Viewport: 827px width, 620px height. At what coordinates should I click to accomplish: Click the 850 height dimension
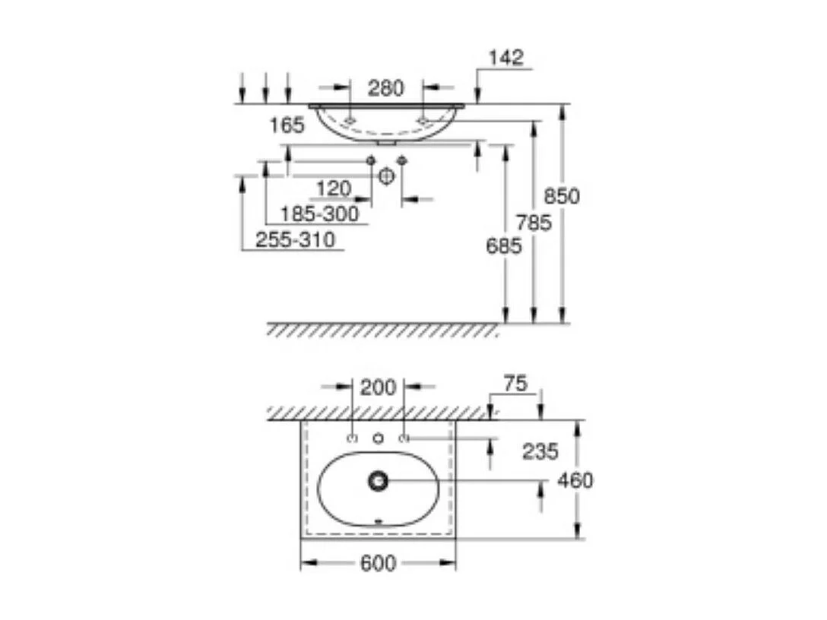(x=562, y=196)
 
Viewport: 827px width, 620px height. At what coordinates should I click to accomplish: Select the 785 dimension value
(x=534, y=223)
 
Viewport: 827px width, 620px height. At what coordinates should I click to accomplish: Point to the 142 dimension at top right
(x=506, y=59)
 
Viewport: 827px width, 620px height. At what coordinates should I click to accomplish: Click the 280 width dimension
(x=386, y=88)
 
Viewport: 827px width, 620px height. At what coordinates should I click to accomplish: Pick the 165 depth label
(x=287, y=125)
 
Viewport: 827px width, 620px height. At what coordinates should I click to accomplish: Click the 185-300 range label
(x=319, y=214)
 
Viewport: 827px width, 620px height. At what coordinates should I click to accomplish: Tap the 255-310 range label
(x=295, y=240)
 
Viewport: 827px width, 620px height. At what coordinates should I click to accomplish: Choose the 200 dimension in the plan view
(x=378, y=387)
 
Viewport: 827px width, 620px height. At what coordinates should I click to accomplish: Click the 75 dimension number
(x=515, y=384)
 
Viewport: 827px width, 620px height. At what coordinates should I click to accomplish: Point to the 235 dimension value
(x=540, y=451)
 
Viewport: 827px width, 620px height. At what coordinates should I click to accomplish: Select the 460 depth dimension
(x=575, y=480)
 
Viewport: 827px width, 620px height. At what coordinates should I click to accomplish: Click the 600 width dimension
(x=379, y=563)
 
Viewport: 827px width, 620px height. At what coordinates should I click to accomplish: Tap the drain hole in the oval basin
(x=378, y=479)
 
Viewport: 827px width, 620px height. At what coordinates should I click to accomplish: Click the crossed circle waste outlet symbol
(x=386, y=176)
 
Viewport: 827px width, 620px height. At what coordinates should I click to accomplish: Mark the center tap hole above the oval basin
(x=378, y=438)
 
